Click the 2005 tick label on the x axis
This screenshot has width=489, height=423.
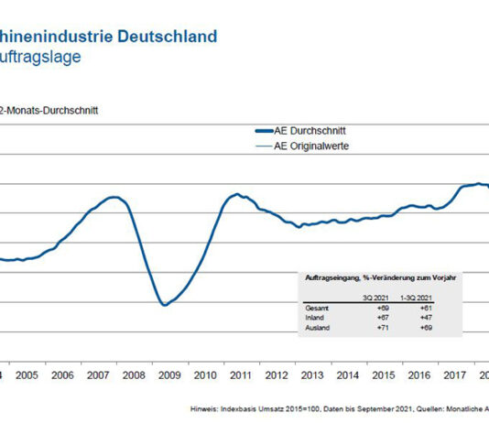[x=26, y=375]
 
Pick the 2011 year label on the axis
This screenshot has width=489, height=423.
[x=241, y=375]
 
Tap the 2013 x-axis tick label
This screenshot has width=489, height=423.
[x=311, y=375]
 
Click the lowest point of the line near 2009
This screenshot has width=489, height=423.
[x=164, y=305]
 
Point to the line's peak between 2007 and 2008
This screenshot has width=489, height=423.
[x=114, y=197]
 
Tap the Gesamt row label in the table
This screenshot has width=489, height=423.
[x=314, y=309]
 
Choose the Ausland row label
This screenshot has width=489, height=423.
[x=315, y=327]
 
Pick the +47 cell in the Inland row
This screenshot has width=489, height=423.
[x=426, y=318]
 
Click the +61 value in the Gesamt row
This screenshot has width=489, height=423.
[x=426, y=309]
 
